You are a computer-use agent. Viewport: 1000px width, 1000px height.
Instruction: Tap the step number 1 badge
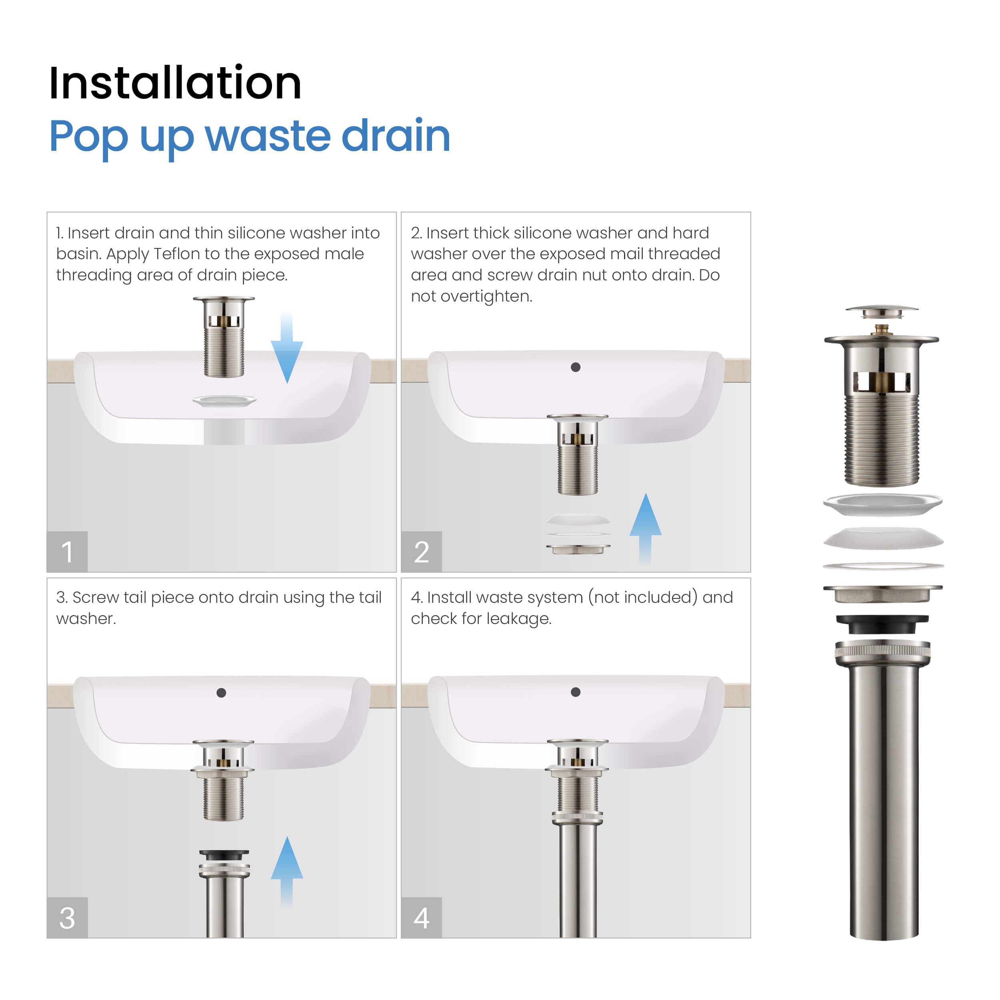tap(67, 551)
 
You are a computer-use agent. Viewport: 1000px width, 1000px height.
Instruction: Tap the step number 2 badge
tap(421, 551)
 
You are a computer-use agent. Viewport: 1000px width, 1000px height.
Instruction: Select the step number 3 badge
tap(67, 918)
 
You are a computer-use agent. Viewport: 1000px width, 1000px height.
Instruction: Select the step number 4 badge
tap(421, 918)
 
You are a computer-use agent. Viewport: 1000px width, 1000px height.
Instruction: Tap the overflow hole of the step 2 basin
tap(576, 367)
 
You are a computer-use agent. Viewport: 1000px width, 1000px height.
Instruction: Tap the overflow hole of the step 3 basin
tap(221, 692)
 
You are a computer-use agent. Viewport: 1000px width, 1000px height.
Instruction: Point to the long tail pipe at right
tap(884, 802)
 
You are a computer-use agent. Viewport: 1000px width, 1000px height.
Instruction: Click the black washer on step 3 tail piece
tap(224, 855)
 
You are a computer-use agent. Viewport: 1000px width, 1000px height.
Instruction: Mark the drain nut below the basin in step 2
tap(578, 549)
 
